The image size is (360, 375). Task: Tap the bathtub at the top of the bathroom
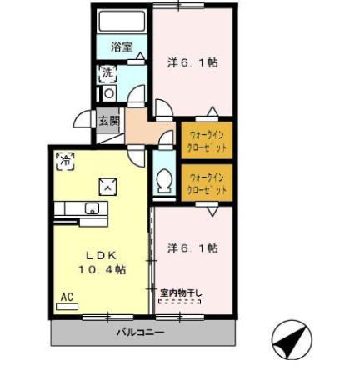[x=121, y=22]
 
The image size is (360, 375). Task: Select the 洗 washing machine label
[x=107, y=72]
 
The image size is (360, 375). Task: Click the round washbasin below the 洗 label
[x=108, y=93]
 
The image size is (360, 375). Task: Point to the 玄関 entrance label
[x=108, y=121]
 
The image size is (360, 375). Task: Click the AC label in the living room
[x=66, y=297]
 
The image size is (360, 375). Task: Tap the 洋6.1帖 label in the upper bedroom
[x=192, y=62]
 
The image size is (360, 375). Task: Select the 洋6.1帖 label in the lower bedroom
[x=192, y=247]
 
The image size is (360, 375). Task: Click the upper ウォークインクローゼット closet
[x=206, y=138]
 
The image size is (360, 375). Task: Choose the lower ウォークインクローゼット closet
[x=206, y=183]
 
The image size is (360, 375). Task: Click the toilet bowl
[x=164, y=180]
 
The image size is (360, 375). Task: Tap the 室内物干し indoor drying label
[x=180, y=292]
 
